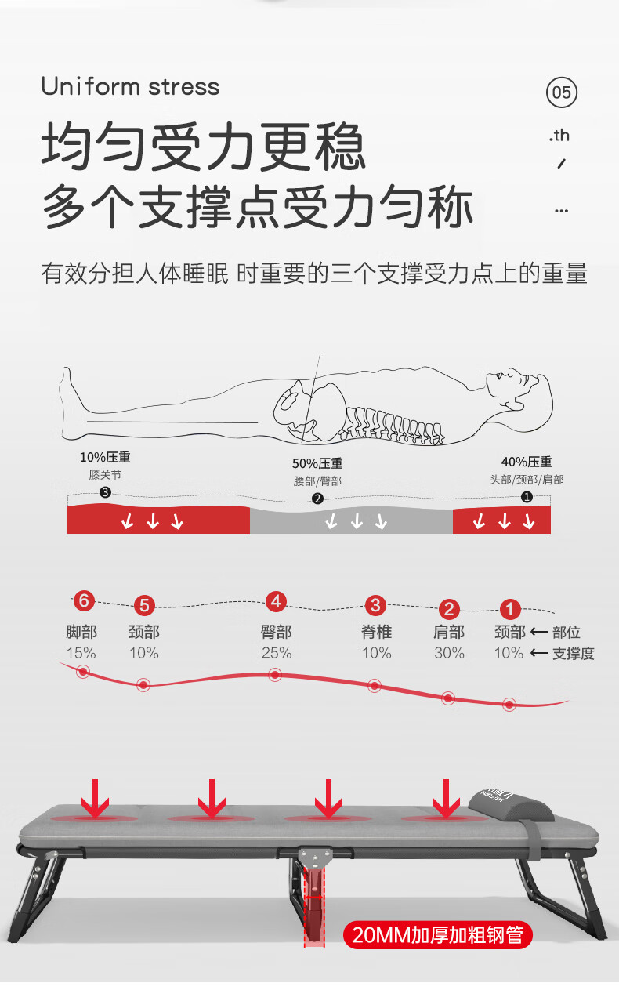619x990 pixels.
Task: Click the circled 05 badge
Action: [562, 92]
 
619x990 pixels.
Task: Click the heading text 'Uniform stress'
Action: [130, 86]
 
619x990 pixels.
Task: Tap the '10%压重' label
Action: [105, 457]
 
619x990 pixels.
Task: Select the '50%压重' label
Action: [317, 463]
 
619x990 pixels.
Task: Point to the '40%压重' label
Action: [527, 462]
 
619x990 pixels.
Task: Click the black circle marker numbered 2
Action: [317, 499]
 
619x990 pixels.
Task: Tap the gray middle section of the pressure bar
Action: [351, 520]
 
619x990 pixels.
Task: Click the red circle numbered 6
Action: [84, 601]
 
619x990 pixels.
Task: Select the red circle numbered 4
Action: [276, 601]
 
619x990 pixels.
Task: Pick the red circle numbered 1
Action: [510, 610]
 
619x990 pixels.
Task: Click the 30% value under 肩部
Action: [449, 653]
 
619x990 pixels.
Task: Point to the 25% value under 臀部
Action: [277, 653]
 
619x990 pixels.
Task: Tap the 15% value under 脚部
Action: [81, 653]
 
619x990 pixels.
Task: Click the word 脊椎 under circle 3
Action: [376, 632]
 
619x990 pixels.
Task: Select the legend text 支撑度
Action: [574, 653]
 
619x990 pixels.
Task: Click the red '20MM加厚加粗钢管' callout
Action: [438, 935]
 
